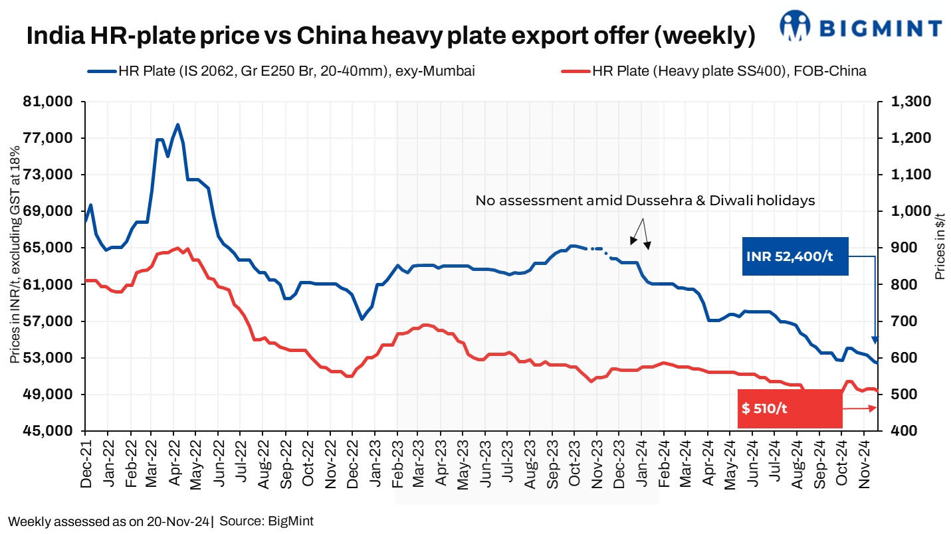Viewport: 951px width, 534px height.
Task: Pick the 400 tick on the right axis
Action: click(x=897, y=431)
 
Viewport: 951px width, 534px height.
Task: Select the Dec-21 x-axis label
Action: click(x=85, y=465)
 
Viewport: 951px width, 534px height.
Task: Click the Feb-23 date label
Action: click(x=396, y=465)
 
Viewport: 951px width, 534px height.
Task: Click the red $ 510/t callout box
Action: click(x=790, y=408)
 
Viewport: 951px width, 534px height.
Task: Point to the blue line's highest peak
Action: click(x=177, y=124)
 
